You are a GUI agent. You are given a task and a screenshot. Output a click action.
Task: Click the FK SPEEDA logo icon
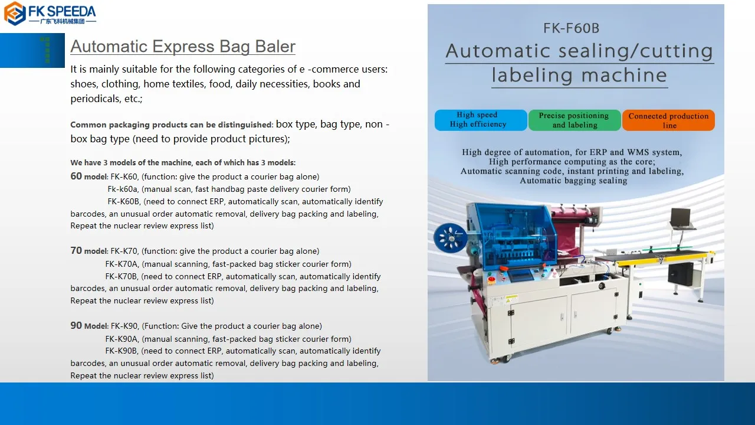click(x=15, y=13)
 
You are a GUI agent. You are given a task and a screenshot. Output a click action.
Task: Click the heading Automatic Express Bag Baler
click(x=182, y=47)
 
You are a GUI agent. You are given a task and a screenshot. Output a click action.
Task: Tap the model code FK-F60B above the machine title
click(x=571, y=28)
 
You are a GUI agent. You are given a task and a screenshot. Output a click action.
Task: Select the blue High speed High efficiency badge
click(x=480, y=120)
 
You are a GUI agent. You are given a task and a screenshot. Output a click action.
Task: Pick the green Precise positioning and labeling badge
click(x=575, y=120)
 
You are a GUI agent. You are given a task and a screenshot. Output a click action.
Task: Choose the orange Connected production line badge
click(x=668, y=120)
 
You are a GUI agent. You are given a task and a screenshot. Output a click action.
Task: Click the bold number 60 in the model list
click(x=76, y=176)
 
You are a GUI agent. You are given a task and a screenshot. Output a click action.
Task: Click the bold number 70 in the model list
click(x=76, y=250)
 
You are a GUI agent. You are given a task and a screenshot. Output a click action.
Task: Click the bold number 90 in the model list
click(x=76, y=325)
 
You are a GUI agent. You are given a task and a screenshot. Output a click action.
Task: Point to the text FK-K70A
click(x=122, y=264)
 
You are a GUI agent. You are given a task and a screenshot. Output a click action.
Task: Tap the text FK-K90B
click(x=122, y=351)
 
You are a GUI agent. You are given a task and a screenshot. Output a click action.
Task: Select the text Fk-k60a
click(x=123, y=189)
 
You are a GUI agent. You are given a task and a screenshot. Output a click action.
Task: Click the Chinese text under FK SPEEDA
click(x=63, y=21)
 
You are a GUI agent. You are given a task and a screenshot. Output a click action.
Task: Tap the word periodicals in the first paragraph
click(x=96, y=99)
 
